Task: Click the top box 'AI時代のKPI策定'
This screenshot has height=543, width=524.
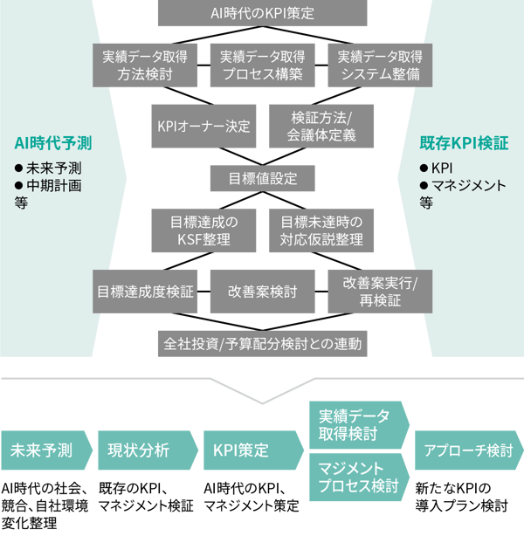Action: pyautogui.click(x=262, y=13)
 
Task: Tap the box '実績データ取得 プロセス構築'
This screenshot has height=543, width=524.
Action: pyautogui.click(x=262, y=65)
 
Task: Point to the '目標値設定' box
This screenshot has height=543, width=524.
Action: pyautogui.click(x=262, y=179)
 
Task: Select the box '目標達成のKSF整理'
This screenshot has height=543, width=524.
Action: pyautogui.click(x=204, y=230)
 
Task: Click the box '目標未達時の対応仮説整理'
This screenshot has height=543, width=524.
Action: pyautogui.click(x=321, y=230)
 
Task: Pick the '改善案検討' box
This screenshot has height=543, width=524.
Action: pyautogui.click(x=262, y=292)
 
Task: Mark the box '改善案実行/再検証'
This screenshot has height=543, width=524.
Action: pyautogui.click(x=379, y=292)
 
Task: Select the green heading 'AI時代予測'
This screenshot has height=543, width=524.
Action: pyautogui.click(x=53, y=141)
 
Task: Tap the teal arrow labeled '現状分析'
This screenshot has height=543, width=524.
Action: pyautogui.click(x=143, y=450)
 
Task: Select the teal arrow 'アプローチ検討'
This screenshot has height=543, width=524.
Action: pyautogui.click(x=467, y=450)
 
